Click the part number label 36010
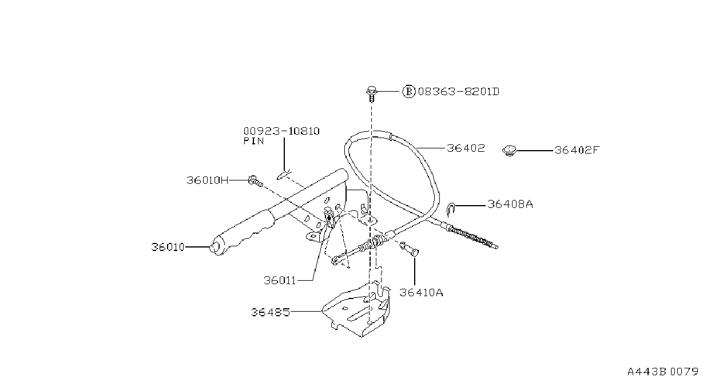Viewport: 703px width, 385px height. [168, 247]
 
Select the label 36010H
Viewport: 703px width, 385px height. [208, 180]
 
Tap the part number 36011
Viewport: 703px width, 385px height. [280, 280]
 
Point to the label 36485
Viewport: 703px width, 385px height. [270, 312]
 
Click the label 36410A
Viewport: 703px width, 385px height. [421, 293]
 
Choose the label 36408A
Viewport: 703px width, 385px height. [510, 205]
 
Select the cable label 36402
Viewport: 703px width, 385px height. [466, 148]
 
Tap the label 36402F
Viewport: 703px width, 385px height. [577, 150]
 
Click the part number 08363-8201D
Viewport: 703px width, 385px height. [459, 92]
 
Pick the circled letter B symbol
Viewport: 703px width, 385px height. [409, 92]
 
